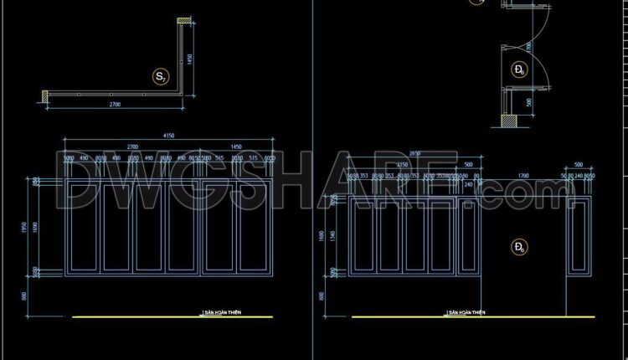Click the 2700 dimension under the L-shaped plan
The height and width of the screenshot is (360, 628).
[x=114, y=105]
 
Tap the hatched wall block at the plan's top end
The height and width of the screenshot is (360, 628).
[x=180, y=21]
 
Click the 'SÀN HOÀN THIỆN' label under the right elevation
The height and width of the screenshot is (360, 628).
[x=466, y=312]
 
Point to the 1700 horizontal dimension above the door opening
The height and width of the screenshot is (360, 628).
[x=522, y=177]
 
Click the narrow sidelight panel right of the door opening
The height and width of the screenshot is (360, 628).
[x=578, y=236]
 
